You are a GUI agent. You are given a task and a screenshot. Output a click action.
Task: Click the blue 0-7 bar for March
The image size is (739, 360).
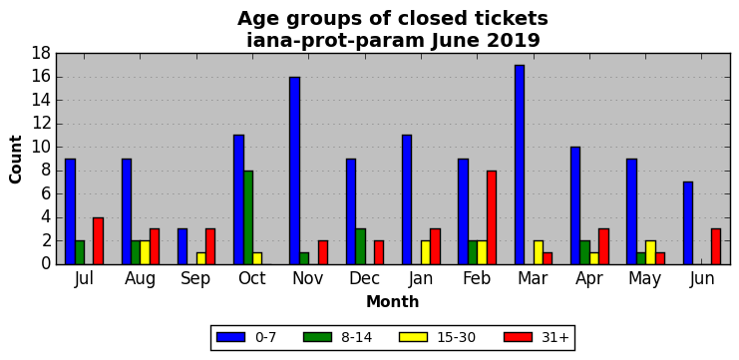click(x=520, y=165)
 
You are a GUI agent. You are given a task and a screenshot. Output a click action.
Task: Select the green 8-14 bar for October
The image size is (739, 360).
click(x=248, y=217)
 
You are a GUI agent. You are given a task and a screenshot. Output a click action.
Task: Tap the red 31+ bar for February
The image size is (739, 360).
click(x=492, y=217)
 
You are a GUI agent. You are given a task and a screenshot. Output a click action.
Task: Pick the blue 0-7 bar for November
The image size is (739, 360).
click(x=294, y=171)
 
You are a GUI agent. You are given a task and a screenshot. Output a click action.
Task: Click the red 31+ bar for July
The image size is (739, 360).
click(x=98, y=241)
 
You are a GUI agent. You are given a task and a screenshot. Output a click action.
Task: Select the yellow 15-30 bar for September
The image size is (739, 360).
click(x=201, y=258)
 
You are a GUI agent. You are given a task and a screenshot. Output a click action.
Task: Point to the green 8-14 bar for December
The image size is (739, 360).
click(x=361, y=247)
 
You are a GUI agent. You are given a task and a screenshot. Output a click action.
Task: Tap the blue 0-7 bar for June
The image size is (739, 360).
click(x=688, y=223)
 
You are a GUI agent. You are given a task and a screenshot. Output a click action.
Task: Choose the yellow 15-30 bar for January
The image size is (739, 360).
click(x=426, y=253)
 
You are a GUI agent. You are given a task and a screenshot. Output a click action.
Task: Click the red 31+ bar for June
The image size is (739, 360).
click(x=716, y=247)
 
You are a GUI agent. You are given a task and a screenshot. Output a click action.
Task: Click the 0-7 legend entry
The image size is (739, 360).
click(x=246, y=337)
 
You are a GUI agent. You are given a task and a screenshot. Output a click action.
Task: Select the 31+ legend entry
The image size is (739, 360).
click(x=537, y=337)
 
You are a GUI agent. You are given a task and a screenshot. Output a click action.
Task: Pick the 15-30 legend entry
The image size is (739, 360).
click(x=438, y=337)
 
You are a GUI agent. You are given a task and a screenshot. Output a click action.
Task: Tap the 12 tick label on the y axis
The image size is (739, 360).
click(x=41, y=124)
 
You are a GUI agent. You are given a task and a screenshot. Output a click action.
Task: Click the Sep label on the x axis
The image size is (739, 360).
click(x=196, y=279)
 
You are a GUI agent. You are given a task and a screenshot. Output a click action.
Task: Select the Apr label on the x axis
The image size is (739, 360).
click(x=589, y=279)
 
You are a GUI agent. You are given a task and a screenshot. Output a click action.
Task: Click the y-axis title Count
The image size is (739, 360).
click(x=16, y=160)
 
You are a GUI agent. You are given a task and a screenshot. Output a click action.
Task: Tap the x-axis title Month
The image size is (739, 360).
click(x=393, y=301)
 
